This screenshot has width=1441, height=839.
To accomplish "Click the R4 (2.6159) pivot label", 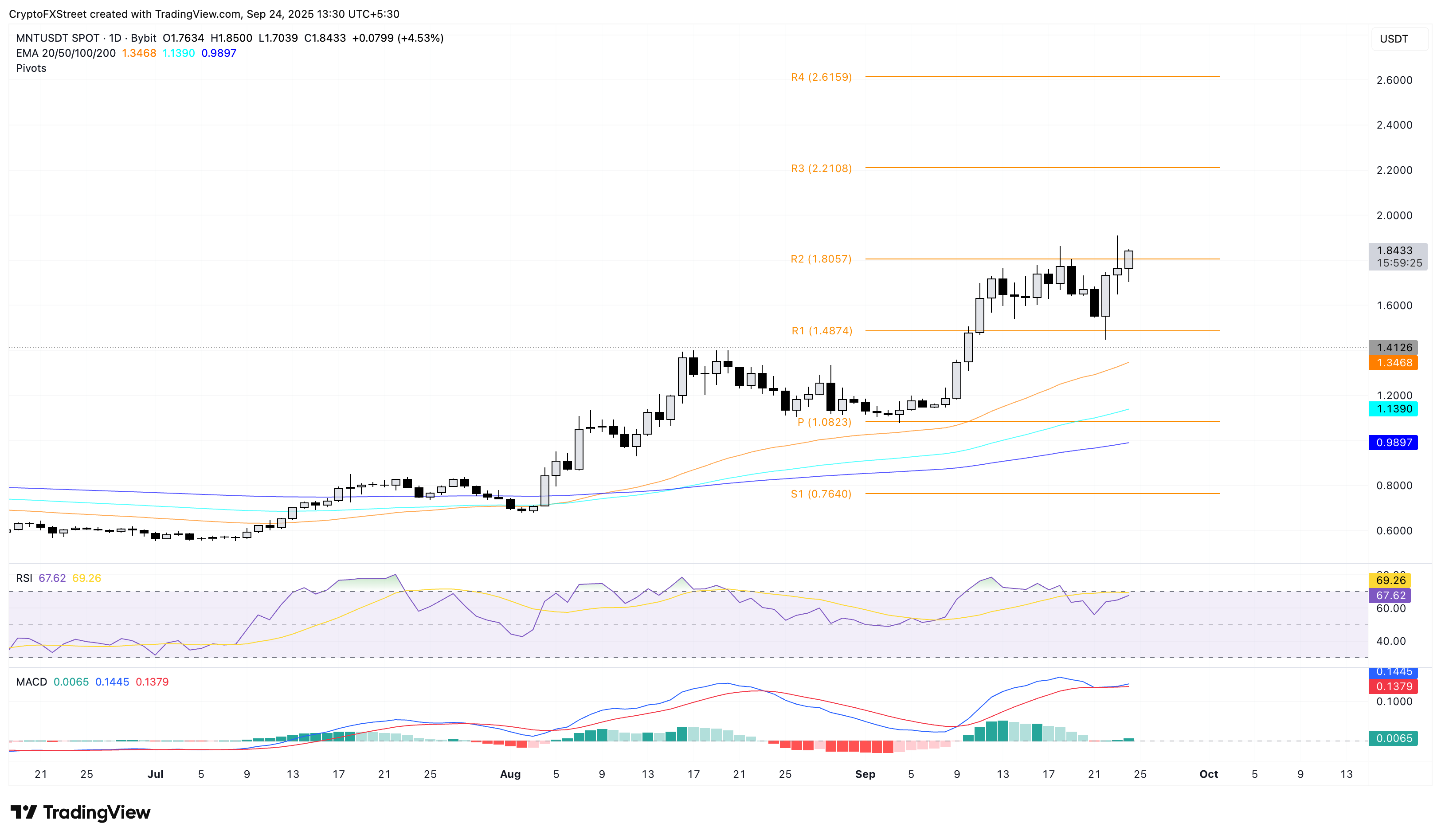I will tap(821, 77).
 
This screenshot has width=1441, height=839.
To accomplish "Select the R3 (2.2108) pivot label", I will tap(821, 169).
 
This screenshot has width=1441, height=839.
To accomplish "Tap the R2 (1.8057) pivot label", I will tap(821, 259).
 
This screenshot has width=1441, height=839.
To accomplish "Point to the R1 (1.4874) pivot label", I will tap(822, 331).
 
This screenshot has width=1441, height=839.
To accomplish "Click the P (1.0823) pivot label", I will tap(824, 422).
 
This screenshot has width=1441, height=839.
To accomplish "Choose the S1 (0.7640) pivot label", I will tap(821, 494).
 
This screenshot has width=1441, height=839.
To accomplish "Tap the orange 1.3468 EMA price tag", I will tap(1393, 363).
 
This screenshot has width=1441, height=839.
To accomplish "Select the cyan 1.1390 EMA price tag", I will tap(1393, 409).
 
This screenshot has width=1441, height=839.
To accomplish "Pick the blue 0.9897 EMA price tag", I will tap(1393, 443).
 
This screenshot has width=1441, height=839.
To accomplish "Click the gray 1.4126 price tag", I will tap(1393, 348).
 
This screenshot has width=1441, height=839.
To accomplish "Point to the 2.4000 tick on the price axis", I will tap(1394, 125).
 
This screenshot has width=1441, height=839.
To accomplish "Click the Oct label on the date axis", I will tap(1208, 774).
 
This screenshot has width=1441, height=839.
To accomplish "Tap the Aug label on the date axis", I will tap(510, 774).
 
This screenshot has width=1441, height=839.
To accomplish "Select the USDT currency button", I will tap(1394, 39).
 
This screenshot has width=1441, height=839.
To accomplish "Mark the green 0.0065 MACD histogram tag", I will tap(1393, 738).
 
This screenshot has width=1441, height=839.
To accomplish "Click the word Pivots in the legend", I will tap(31, 68).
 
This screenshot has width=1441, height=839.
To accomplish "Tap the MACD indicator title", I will tap(31, 682).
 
